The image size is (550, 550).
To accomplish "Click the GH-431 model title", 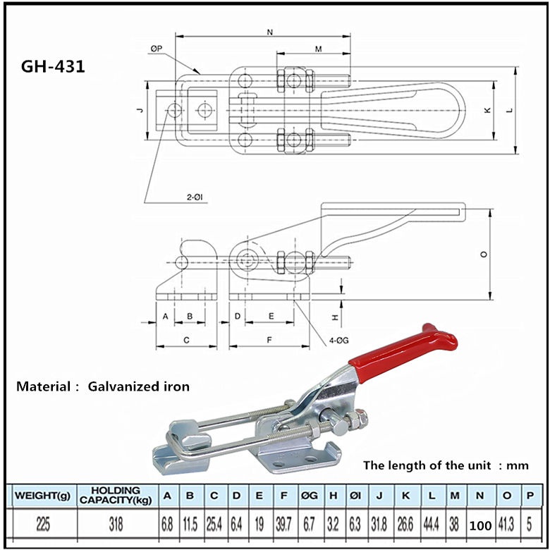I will [x=54, y=67].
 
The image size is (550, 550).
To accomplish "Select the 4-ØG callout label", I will [x=339, y=341].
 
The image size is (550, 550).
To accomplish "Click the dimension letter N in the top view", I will [x=271, y=31].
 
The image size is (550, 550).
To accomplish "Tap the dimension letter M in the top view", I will [x=318, y=49].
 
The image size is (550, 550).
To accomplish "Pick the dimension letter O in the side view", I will [x=484, y=255].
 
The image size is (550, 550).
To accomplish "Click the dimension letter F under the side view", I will [x=270, y=340].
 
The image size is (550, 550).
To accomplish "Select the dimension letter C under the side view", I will [x=185, y=340].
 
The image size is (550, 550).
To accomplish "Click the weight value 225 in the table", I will [x=42, y=524].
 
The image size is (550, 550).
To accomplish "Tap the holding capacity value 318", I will [x=116, y=524].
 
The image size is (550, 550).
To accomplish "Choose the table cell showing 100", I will [x=479, y=525].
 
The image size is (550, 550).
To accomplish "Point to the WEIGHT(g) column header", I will [x=42, y=496].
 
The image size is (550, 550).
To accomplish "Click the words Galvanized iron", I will [x=139, y=386].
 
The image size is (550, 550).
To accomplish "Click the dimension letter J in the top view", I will [x=140, y=110].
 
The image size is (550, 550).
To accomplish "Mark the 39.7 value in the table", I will [x=283, y=524].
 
